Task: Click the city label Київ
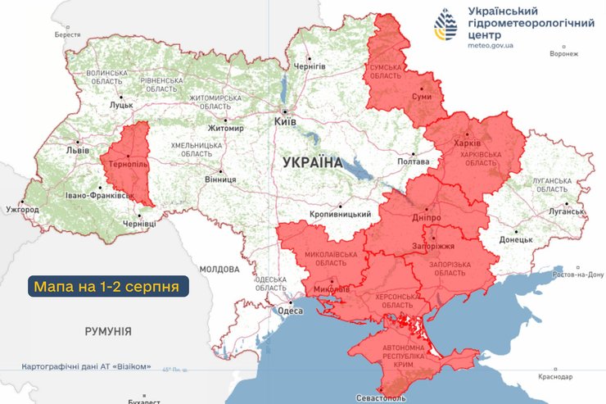[284, 120]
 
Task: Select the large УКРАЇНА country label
[312, 162]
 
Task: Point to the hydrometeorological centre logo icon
[445, 26]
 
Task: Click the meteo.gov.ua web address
[491, 47]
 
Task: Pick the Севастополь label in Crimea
[382, 397]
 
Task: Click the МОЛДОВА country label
[219, 269]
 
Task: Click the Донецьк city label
[516, 240]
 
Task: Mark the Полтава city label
[413, 162]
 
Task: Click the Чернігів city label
[310, 66]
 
